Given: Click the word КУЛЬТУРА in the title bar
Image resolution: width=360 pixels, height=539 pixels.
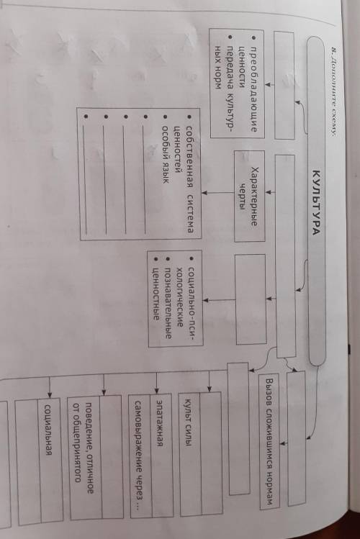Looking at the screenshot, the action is click(x=316, y=202).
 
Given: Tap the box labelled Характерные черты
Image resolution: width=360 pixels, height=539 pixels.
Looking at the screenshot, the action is click(x=249, y=196).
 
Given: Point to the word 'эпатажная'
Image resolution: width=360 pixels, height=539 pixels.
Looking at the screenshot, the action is click(x=159, y=423).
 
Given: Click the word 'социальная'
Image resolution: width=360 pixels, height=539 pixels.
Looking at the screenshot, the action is click(x=48, y=430).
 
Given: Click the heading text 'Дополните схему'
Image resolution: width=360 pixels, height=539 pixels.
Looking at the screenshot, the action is click(x=333, y=91).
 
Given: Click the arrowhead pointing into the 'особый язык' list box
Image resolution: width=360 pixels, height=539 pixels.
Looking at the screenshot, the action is click(x=204, y=193).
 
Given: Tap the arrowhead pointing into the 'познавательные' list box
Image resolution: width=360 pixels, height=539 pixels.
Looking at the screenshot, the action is click(x=206, y=300).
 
